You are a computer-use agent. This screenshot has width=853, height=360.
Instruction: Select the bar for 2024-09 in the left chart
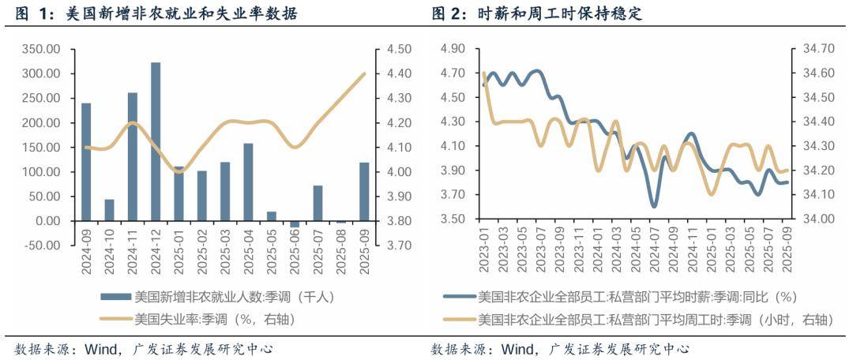tap(86, 161)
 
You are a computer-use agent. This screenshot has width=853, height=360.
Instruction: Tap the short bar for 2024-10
tap(109, 209)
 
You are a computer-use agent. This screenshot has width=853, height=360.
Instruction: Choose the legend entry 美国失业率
tap(206, 320)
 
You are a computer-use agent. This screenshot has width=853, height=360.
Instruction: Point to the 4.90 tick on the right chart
tap(454, 49)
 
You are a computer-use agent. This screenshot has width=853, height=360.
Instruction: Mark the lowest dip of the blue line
tap(654, 206)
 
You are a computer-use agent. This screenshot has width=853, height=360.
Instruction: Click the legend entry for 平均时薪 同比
tap(637, 298)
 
